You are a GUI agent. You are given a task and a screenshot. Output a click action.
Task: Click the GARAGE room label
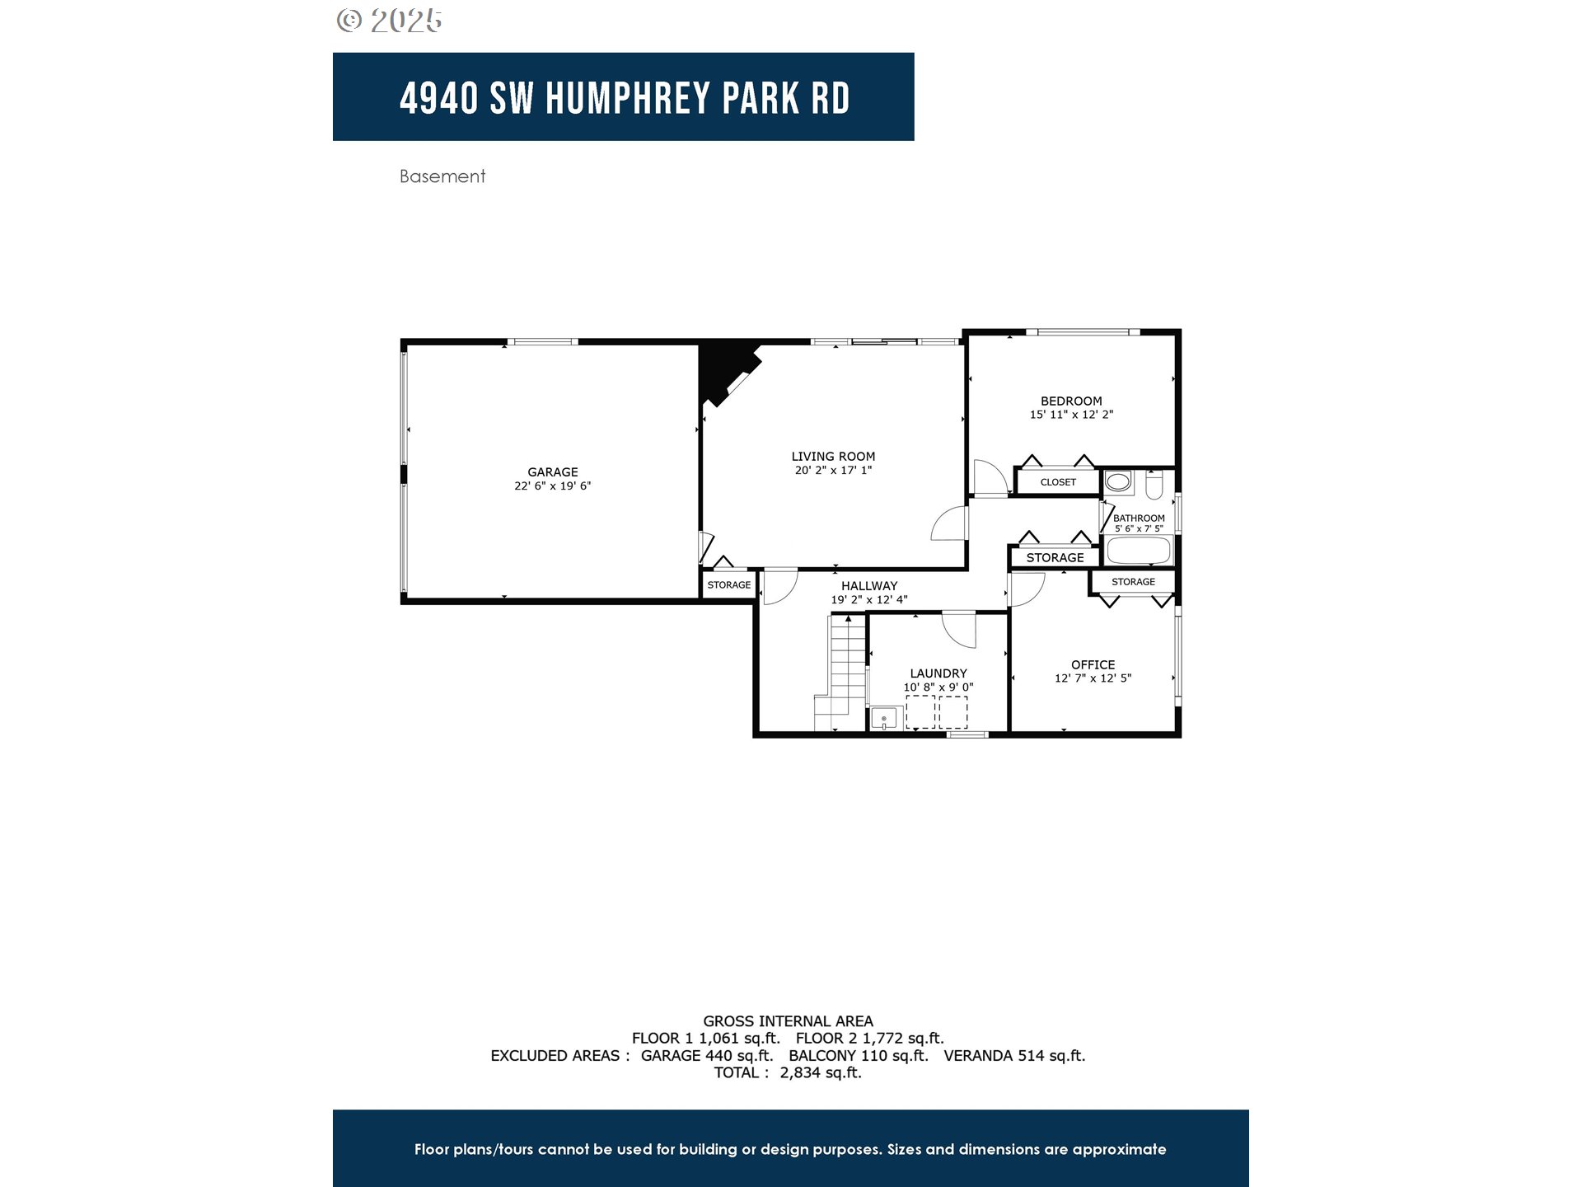pos(552,472)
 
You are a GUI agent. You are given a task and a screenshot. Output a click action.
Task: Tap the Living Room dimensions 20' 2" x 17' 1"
pos(833,471)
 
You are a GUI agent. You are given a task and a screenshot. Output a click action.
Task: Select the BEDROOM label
pos(1070,401)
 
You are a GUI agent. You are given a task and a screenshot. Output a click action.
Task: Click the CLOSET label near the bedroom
pos(1058,482)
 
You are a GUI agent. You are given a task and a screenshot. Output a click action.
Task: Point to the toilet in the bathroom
pos(1154,486)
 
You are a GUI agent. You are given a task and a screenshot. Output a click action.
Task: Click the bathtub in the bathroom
pos(1139,551)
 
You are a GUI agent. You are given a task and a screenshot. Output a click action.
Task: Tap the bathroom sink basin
pos(1118,481)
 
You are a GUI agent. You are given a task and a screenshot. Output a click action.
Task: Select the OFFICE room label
pos(1093,664)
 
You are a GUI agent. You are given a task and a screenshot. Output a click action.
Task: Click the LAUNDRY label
pos(938,673)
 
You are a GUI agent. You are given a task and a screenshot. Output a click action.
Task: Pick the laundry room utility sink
pos(883,719)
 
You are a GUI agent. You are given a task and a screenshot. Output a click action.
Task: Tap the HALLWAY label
pos(868,586)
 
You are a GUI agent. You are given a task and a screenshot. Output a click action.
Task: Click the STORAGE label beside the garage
pos(728,585)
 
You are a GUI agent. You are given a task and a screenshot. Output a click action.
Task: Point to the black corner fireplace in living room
pos(721,371)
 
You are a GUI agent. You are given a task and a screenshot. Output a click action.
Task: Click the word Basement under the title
pos(442,176)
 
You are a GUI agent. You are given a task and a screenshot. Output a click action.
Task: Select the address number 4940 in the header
pos(438,98)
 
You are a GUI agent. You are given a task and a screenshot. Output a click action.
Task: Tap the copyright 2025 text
pos(390,21)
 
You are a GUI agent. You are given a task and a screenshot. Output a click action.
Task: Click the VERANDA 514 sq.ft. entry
pos(1013,1055)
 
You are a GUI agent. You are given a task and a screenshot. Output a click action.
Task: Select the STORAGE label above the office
pos(1133,582)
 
